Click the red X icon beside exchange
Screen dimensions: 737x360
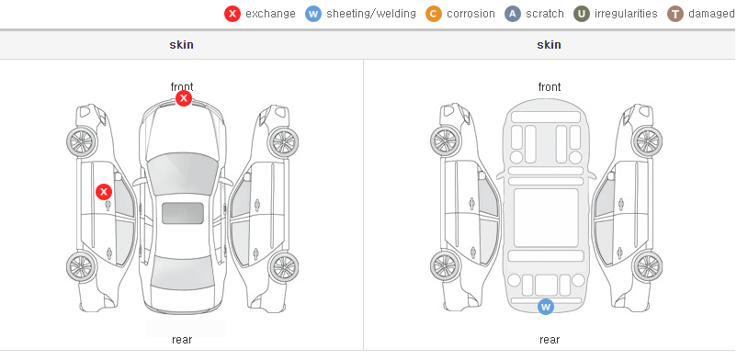[x=232, y=14]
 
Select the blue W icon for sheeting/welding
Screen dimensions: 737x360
[x=313, y=14]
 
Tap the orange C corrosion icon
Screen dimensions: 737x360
[x=434, y=14]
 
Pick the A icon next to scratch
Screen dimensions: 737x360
[x=513, y=14]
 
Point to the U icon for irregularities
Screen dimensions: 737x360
[x=582, y=14]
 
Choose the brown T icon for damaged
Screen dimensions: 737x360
[x=675, y=14]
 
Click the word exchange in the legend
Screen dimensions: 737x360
[x=270, y=14]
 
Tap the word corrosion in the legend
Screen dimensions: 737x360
[x=471, y=14]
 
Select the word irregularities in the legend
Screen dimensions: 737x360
[x=626, y=14]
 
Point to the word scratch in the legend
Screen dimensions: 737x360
[x=545, y=14]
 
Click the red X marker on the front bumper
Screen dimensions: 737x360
[x=184, y=98]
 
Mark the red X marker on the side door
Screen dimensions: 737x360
[x=104, y=192]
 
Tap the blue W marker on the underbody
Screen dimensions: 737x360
[x=546, y=307]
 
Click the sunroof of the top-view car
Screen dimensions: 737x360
[x=183, y=213]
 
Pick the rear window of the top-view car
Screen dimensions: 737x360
[x=182, y=274]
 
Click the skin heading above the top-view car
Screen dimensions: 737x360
[x=181, y=45]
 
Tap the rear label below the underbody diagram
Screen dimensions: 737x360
[x=550, y=339]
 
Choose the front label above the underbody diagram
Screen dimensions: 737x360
[x=550, y=87]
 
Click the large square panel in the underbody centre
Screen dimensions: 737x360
[x=546, y=218]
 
